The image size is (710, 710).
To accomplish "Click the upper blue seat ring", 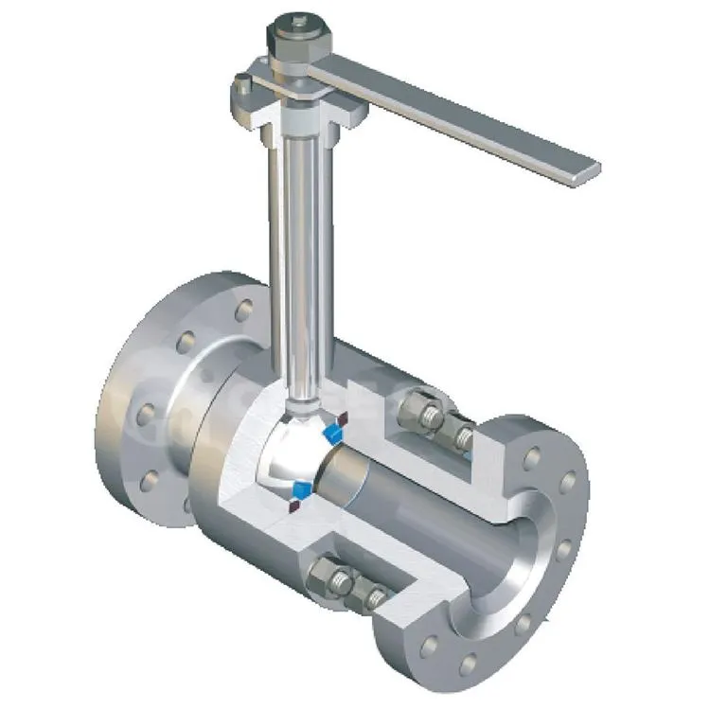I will (331, 433).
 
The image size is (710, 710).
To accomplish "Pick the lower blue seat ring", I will (300, 490).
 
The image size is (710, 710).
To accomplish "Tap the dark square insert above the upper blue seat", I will (346, 417).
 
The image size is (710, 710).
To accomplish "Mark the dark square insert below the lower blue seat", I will (293, 507).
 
